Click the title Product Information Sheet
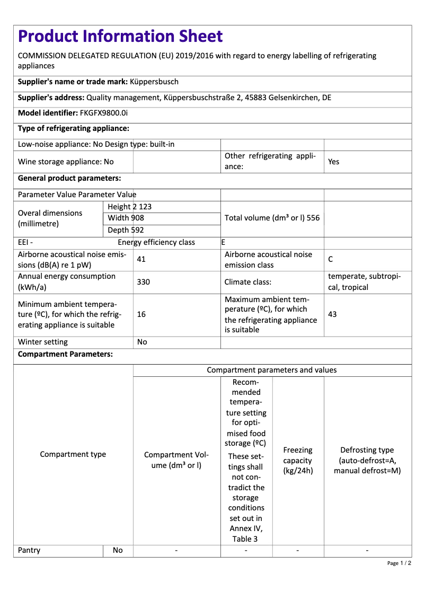[120, 37]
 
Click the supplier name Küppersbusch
[154, 82]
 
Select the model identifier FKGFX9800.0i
[104, 113]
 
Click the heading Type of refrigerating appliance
[74, 129]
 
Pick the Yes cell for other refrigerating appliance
[333, 162]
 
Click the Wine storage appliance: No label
[66, 162]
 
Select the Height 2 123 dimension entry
[129, 207]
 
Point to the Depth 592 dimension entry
[126, 230]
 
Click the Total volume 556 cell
[272, 218]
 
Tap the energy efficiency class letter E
[223, 242]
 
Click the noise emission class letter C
[331, 260]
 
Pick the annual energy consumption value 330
[143, 282]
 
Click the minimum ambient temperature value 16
[141, 314]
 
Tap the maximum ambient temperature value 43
[332, 314]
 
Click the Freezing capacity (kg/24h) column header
[298, 460]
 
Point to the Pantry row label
[29, 550]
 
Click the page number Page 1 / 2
[399, 563]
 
